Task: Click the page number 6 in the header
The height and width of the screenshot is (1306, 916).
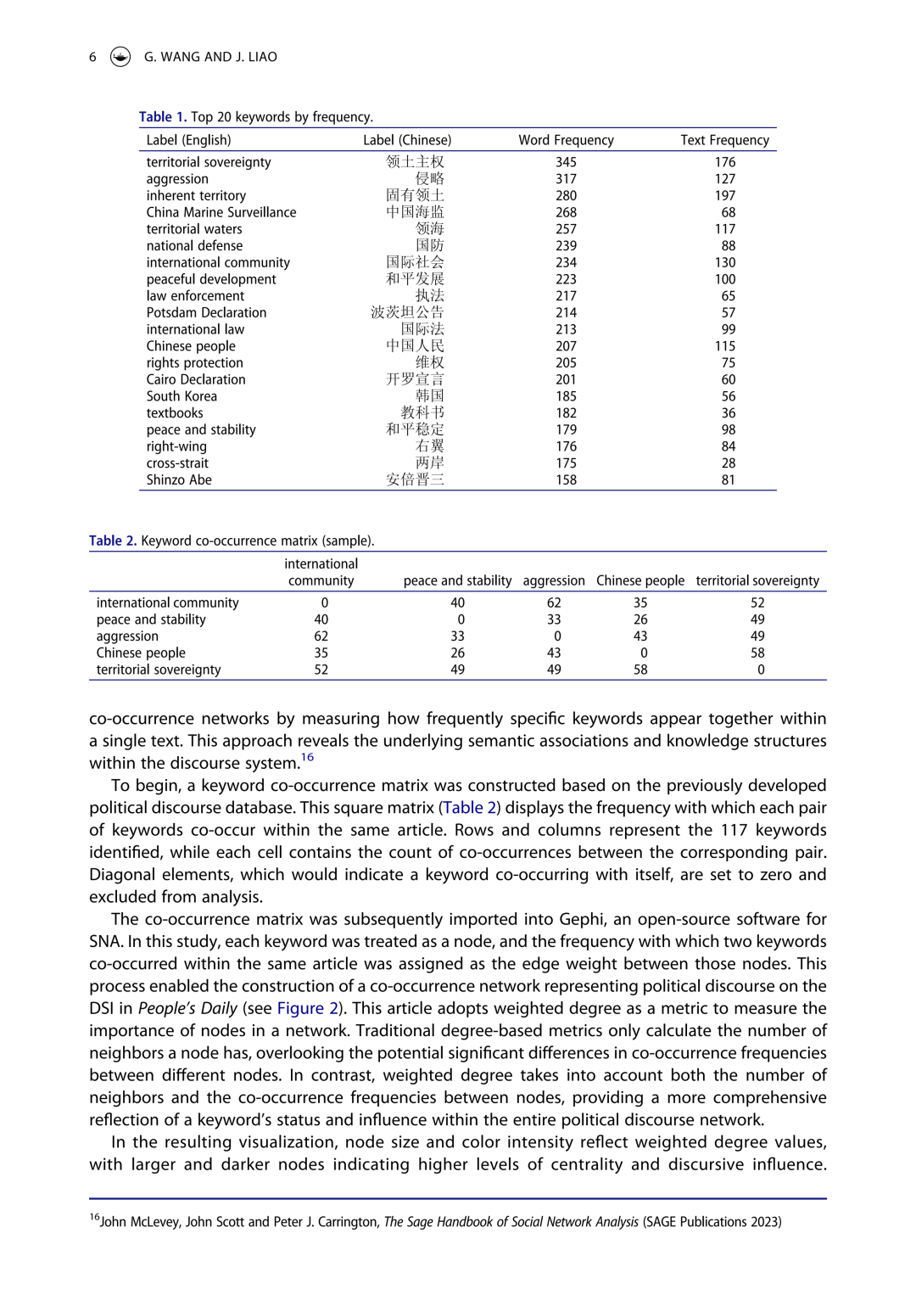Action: [x=92, y=57]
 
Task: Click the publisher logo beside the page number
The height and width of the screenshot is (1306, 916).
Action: [x=120, y=57]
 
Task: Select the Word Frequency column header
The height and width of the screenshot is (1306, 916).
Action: [x=566, y=140]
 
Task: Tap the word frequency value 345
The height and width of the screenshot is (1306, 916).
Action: [x=566, y=162]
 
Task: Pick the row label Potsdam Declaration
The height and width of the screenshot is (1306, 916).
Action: [x=206, y=312]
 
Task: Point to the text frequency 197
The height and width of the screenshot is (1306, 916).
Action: [x=724, y=195]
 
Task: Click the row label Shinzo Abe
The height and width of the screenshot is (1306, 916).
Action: [x=179, y=479]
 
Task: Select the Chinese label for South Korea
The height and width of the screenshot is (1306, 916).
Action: [x=429, y=396]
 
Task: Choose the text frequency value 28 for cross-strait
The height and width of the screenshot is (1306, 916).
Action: [x=728, y=463]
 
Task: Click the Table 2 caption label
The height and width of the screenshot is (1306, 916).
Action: [x=113, y=541]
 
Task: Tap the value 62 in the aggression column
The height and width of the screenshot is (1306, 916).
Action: [x=554, y=603]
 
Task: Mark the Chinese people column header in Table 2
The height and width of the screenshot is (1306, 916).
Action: [x=640, y=580]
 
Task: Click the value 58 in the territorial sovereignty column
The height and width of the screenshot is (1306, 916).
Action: [x=757, y=653]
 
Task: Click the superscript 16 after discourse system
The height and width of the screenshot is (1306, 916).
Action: [x=307, y=757]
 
